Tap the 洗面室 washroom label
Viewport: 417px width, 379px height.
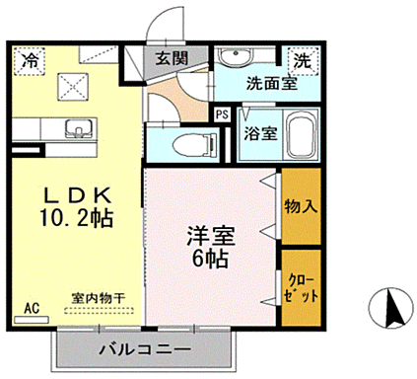coord(270,84)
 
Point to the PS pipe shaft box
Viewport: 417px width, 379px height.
coord(223,114)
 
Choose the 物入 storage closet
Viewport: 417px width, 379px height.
coord(300,206)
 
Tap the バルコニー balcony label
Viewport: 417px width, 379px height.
coord(146,348)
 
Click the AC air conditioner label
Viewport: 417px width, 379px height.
coord(31,306)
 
